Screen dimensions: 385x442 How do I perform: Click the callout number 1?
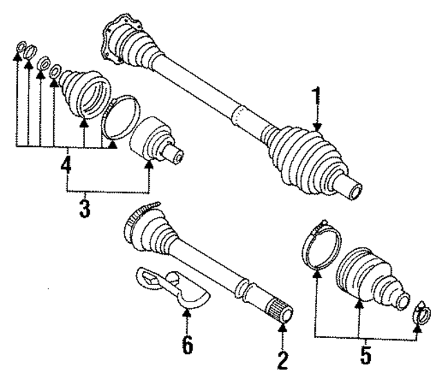tap(316, 99)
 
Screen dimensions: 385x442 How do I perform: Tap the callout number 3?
tap(85, 208)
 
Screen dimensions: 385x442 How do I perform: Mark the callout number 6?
tap(186, 344)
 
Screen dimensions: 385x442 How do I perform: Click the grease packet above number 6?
tap(171, 285)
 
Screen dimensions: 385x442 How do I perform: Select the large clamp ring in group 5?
tap(321, 247)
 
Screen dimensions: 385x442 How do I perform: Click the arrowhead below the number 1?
tap(317, 126)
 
